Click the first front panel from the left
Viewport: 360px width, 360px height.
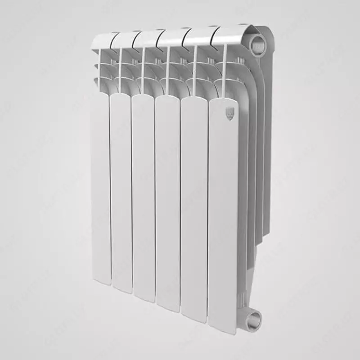coord(100,189)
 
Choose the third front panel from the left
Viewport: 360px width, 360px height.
coord(143,198)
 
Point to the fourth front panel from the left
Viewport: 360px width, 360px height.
coord(167,202)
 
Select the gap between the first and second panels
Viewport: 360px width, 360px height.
coord(110,189)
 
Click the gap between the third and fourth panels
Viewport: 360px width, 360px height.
coord(155,198)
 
